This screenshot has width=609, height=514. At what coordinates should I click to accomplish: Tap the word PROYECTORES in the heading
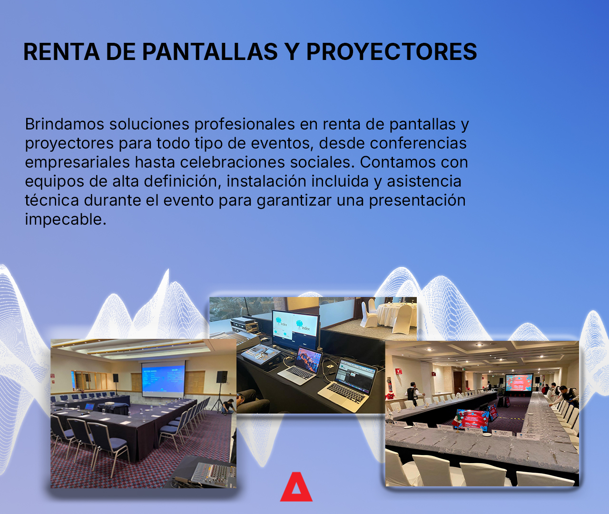[391, 51]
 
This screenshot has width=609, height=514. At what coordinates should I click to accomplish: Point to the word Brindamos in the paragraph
[64, 124]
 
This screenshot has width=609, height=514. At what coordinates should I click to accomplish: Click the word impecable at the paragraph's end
[65, 219]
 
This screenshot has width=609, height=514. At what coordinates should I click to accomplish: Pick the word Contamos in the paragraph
[398, 162]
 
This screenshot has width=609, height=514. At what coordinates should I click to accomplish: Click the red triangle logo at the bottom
[296, 488]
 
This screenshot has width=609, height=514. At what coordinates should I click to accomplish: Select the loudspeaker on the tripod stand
[222, 377]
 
